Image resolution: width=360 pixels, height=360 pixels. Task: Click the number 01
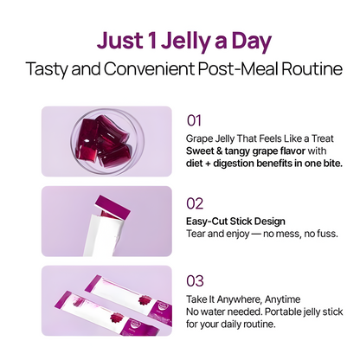[x=195, y=119]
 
